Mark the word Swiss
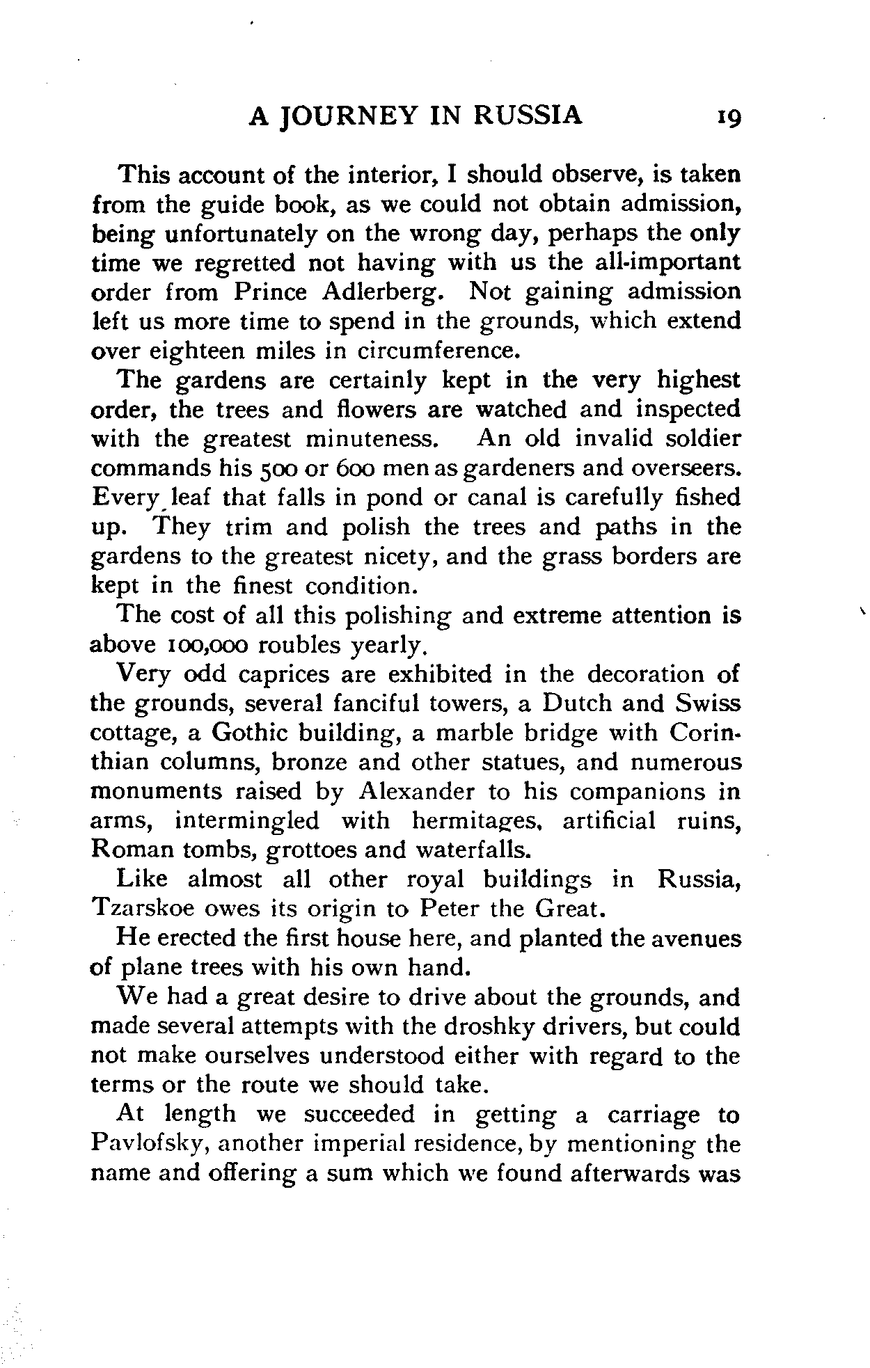coord(708,703)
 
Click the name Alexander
coord(417,792)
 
